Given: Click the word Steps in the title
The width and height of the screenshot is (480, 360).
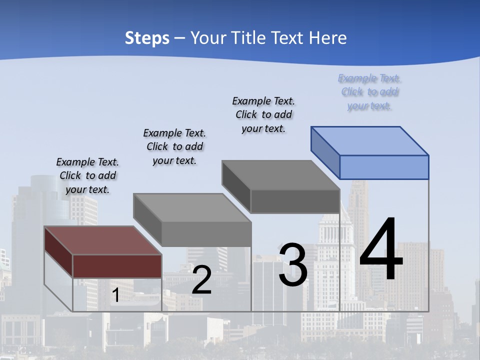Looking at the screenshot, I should click(147, 38).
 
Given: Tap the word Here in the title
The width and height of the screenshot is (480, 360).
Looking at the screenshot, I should click(327, 38).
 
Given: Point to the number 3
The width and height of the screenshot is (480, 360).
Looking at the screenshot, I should click(293, 265).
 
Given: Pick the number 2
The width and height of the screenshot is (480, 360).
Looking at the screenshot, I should click(201, 280).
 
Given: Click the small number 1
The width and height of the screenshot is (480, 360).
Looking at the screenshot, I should click(115, 295).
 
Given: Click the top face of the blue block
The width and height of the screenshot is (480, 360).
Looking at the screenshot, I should click(370, 140).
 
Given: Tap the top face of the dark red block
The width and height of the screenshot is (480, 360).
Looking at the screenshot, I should click(103, 240).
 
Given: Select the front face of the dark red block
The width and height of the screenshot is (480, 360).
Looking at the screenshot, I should click(117, 266).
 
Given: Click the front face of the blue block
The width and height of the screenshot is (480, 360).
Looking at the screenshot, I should click(384, 167).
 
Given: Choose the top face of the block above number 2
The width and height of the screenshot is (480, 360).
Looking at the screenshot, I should click(192, 207).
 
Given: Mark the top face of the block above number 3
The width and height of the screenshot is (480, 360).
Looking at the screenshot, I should click(280, 174).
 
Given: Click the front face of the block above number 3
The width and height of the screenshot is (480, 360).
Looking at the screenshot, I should click(295, 201).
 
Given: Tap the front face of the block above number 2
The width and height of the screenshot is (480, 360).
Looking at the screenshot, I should click(206, 234).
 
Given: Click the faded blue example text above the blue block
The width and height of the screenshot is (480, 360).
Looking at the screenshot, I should click(370, 92).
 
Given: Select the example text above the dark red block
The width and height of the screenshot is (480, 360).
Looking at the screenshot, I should click(88, 175).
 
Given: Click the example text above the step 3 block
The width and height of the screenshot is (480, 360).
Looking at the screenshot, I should click(264, 114).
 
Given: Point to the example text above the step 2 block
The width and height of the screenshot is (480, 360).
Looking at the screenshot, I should click(174, 146).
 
